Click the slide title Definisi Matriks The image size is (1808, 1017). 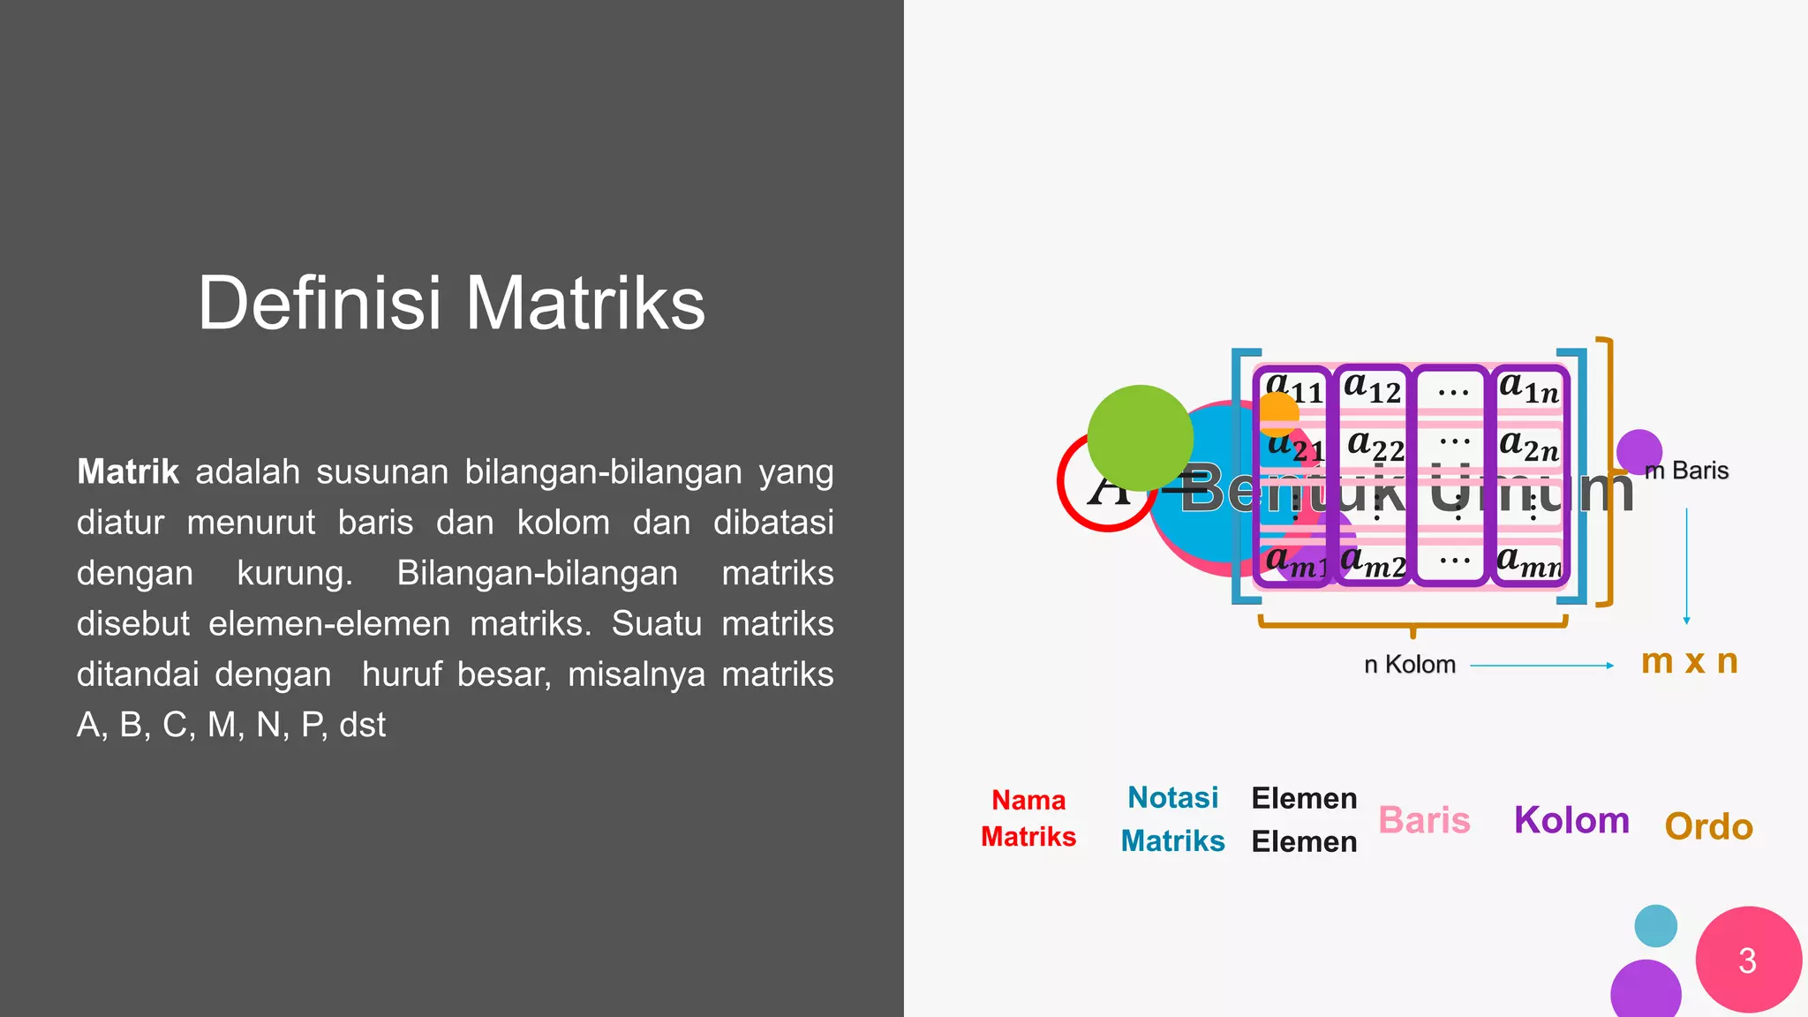(x=451, y=303)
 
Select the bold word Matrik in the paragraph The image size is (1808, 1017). (x=128, y=471)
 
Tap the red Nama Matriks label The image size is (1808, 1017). (x=1028, y=818)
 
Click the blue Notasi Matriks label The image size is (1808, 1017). (x=1172, y=819)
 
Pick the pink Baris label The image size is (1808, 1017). (x=1424, y=820)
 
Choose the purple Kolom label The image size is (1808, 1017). (x=1571, y=820)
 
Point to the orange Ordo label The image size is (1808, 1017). (x=1708, y=826)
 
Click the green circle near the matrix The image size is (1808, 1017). (x=1140, y=438)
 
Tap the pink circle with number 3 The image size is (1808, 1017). (x=1748, y=960)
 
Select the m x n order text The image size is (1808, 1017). (x=1689, y=661)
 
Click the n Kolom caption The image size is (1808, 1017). (x=1409, y=665)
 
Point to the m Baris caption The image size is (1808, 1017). (x=1687, y=471)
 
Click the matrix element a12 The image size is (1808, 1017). (x=1373, y=388)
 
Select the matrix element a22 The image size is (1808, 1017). (x=1375, y=446)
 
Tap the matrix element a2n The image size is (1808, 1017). (x=1529, y=446)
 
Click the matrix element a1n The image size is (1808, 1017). (x=1529, y=388)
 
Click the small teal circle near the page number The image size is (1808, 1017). (x=1655, y=926)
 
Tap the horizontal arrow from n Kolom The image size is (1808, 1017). (x=1541, y=666)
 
